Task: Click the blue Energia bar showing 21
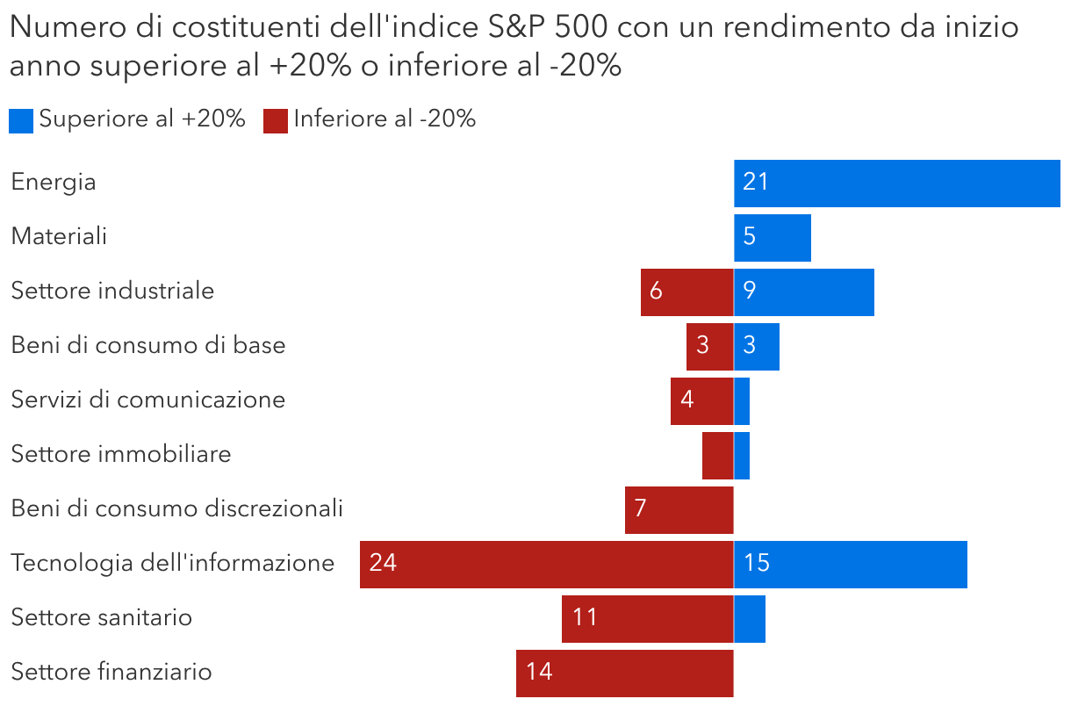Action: tap(896, 183)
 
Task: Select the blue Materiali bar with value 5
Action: tap(772, 237)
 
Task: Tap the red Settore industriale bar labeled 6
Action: tap(686, 292)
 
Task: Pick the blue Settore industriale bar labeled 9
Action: tap(803, 292)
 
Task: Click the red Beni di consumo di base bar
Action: tap(709, 346)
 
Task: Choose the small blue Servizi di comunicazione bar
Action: tap(742, 400)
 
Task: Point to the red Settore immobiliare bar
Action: tap(717, 455)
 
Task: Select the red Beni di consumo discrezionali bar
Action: tap(679, 509)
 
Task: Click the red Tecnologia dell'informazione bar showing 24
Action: tap(546, 564)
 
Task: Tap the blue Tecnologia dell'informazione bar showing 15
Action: tap(850, 564)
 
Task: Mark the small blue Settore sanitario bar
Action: tap(749, 618)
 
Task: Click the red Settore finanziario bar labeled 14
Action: tap(624, 673)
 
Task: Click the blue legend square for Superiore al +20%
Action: tap(21, 120)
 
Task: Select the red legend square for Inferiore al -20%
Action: tap(276, 120)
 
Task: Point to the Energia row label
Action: tap(54, 183)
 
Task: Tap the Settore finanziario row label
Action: tap(111, 673)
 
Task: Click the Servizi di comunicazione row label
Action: tap(148, 400)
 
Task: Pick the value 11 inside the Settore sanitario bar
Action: tap(585, 618)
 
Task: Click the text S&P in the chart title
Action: tap(515, 28)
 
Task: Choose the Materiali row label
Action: tap(59, 237)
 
